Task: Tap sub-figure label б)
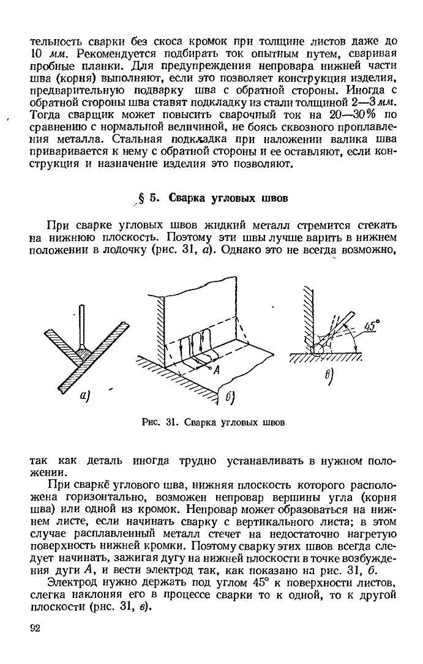click(231, 398)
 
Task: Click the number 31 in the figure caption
click(170, 422)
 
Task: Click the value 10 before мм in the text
click(36, 54)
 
